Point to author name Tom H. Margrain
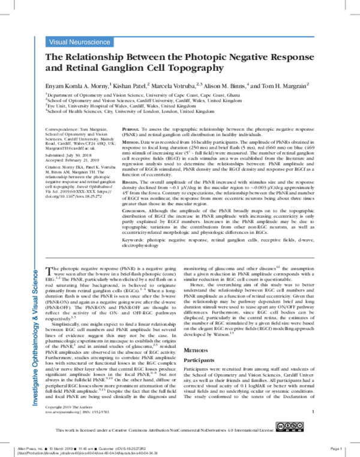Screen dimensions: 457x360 point(284,86)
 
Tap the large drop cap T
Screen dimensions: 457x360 point(50,272)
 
